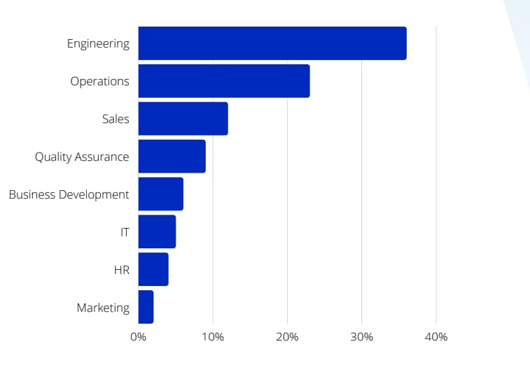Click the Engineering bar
pyautogui.click(x=272, y=43)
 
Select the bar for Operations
pyautogui.click(x=224, y=81)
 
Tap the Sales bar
pyautogui.click(x=183, y=119)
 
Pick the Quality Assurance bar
pyautogui.click(x=172, y=157)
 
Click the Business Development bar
pyautogui.click(x=160, y=194)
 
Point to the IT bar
pyautogui.click(x=157, y=232)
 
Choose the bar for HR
pyautogui.click(x=153, y=270)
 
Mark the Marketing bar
pyautogui.click(x=146, y=308)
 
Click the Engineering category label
pyautogui.click(x=98, y=43)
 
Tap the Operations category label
pyautogui.click(x=99, y=81)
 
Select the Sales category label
pyautogui.click(x=116, y=119)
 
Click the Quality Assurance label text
pyautogui.click(x=82, y=157)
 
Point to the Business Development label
pyautogui.click(x=69, y=194)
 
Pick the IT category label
pyautogui.click(x=125, y=232)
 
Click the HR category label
pyautogui.click(x=121, y=270)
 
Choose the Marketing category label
pyautogui.click(x=103, y=308)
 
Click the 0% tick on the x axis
pyautogui.click(x=138, y=337)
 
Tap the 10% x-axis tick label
pyautogui.click(x=213, y=337)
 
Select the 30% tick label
pyautogui.click(x=361, y=337)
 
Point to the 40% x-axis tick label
pyautogui.click(x=435, y=337)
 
